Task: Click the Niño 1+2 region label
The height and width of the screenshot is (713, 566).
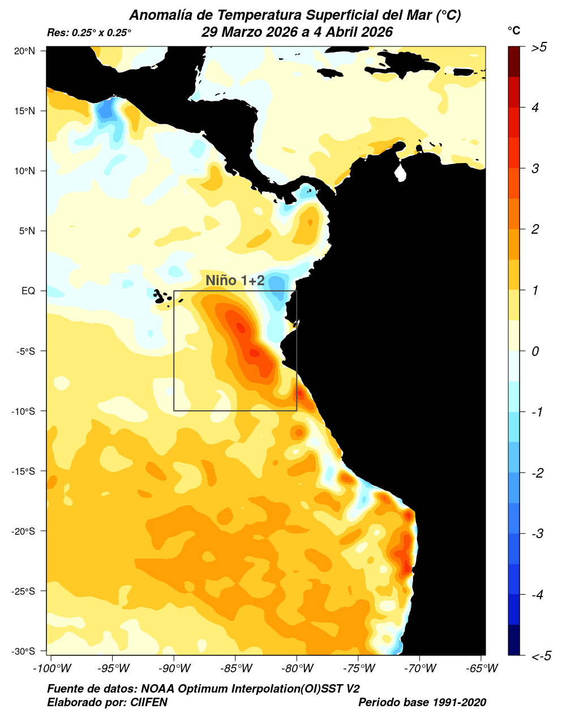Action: coord(235,280)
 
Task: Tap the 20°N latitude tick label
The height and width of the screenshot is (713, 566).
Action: coord(24,51)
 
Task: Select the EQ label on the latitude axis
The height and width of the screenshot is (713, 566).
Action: coord(28,291)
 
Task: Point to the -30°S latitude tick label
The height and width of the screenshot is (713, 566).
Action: coord(23,651)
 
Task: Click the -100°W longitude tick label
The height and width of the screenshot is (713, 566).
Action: coord(52,669)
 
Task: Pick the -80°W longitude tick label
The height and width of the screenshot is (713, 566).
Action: coord(297,669)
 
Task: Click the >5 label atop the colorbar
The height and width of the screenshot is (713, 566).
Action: coord(539,48)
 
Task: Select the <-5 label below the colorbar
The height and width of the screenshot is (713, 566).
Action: coord(541,656)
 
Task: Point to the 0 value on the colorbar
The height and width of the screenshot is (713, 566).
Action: coord(535,351)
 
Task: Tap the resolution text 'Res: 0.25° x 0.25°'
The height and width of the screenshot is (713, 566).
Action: coord(89,33)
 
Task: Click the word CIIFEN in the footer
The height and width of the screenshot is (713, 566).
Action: coord(149,702)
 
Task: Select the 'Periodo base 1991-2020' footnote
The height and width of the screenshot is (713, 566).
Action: coord(422,702)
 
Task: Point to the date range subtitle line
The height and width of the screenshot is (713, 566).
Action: coord(297,32)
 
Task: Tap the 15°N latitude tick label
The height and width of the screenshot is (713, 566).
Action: coord(24,111)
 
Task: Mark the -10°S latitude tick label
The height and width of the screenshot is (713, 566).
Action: coord(23,411)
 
